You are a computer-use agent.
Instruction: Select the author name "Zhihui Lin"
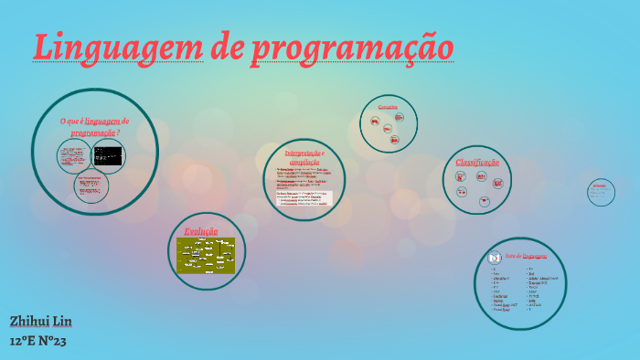pyautogui.click(x=40, y=322)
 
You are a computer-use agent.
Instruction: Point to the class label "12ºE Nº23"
pyautogui.click(x=38, y=341)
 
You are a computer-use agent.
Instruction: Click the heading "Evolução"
pyautogui.click(x=201, y=231)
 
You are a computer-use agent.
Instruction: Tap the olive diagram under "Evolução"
pyautogui.click(x=206, y=255)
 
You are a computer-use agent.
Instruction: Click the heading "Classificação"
pyautogui.click(x=477, y=163)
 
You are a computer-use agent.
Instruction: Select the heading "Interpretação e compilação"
pyautogui.click(x=304, y=156)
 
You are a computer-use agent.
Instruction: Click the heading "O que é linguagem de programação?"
pyautogui.click(x=95, y=126)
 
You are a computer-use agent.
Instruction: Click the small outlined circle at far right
pyautogui.click(x=601, y=192)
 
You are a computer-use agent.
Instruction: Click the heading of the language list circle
pyautogui.click(x=526, y=257)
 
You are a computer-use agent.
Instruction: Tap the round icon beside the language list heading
pyautogui.click(x=495, y=257)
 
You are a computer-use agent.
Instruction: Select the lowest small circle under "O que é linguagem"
pyautogui.click(x=91, y=185)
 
